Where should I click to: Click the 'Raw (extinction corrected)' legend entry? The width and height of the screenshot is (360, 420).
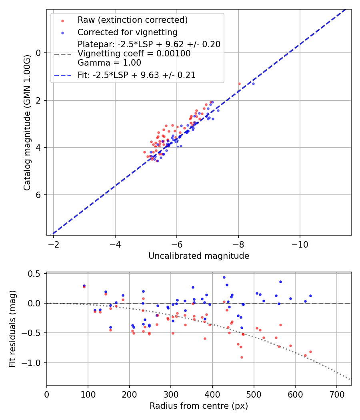click(x=132, y=20)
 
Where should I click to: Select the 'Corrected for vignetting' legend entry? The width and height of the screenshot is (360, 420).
click(x=127, y=32)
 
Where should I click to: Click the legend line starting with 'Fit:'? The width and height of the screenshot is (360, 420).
click(x=136, y=75)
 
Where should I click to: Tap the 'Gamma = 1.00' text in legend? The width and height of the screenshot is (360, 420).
click(x=109, y=63)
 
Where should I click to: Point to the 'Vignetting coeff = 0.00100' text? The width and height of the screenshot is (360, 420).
click(x=134, y=54)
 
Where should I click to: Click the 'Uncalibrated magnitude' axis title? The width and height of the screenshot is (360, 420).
click(x=199, y=256)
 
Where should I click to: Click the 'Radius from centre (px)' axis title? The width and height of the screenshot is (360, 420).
click(x=199, y=406)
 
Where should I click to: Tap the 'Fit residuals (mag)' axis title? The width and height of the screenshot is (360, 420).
click(x=12, y=328)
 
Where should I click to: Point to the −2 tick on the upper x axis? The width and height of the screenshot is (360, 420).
click(x=54, y=244)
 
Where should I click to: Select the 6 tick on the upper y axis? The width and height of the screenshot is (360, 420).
click(x=39, y=195)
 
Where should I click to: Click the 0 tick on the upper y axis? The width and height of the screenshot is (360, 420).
click(x=39, y=53)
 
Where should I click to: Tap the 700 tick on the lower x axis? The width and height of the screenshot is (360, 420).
click(x=336, y=394)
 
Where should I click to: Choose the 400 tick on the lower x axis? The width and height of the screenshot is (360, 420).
click(x=212, y=394)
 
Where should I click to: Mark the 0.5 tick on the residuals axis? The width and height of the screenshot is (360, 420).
click(x=36, y=274)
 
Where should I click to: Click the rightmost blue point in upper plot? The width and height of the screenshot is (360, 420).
click(x=253, y=84)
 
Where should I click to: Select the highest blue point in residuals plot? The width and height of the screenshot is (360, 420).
click(x=224, y=277)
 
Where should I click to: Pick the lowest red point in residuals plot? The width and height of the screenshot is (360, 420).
click(x=242, y=357)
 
